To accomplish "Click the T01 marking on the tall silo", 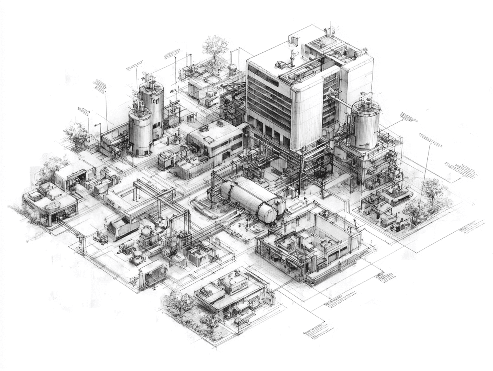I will pos(154,101).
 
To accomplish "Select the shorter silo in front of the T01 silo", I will pos(140,132).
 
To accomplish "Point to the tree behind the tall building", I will pos(215,46).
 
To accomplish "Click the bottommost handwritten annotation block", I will pos(318,330).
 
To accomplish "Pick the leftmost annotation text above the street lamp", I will pos(84,110).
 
